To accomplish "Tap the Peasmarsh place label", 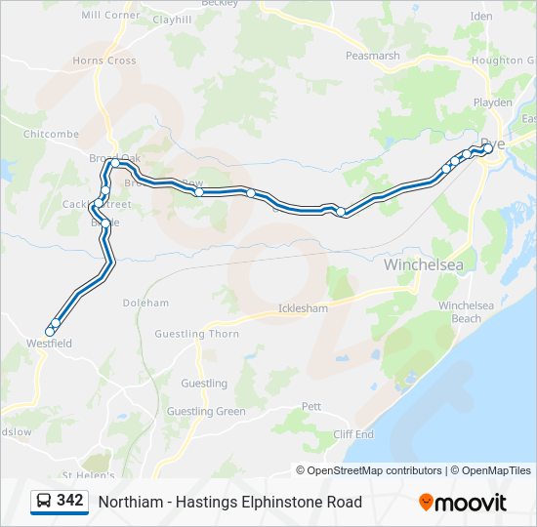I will click(372, 56).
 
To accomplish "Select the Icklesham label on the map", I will click(303, 308).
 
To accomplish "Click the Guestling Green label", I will click(206, 411).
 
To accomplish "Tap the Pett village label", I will click(310, 405).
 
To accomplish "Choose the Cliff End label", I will click(353, 434).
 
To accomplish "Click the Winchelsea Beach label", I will click(460, 311).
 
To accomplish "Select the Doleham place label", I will click(145, 304).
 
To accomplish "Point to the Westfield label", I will click(49, 344).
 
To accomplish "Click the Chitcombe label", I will click(51, 134).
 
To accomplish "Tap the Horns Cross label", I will click(103, 61).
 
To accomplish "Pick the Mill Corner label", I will click(110, 16).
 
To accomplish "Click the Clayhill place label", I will click(172, 20).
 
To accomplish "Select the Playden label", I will click(493, 102).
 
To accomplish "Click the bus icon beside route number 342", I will click(44, 502).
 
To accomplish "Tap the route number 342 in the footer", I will click(69, 501).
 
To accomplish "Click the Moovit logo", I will click(463, 503).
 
